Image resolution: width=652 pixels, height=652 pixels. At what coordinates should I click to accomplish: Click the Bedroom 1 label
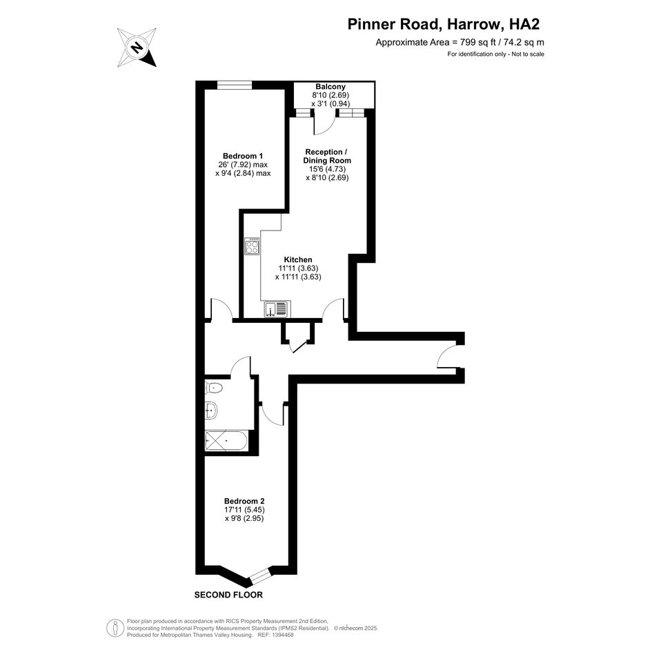click(243, 156)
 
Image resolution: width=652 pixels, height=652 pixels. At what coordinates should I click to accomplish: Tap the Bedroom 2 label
click(244, 501)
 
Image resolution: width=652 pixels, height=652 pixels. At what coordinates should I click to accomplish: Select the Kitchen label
click(298, 259)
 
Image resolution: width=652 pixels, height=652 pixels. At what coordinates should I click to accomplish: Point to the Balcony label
click(330, 86)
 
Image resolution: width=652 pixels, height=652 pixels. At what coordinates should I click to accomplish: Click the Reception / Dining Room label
click(327, 156)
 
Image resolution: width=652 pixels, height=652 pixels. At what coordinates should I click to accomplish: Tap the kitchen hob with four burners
click(252, 246)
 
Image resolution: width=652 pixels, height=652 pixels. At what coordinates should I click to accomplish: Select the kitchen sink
click(276, 309)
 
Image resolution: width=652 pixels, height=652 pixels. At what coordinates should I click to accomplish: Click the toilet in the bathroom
click(214, 388)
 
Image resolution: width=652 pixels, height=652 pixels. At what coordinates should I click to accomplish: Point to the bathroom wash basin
click(211, 410)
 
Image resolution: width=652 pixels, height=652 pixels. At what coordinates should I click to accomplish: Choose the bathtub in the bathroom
click(226, 440)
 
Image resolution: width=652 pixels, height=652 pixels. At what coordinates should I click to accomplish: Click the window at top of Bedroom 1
click(235, 85)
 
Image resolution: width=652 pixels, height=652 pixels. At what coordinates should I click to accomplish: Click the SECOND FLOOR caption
click(228, 595)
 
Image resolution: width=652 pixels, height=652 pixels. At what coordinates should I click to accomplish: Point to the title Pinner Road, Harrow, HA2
click(443, 24)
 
